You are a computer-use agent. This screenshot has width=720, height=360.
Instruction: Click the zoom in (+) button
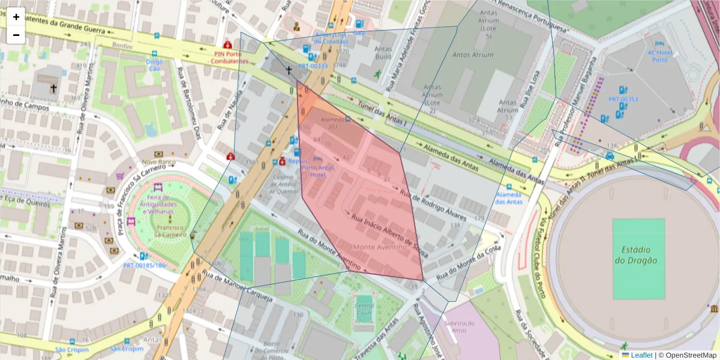pyautogui.click(x=16, y=17)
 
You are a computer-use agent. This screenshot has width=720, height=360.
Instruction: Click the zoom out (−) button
pyautogui.click(x=16, y=35)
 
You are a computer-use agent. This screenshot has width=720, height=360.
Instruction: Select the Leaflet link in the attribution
pyautogui.click(x=641, y=355)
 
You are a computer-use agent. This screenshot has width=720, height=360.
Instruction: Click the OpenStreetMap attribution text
pyautogui.click(x=687, y=355)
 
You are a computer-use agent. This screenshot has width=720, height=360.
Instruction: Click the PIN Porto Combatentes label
pyautogui.click(x=231, y=57)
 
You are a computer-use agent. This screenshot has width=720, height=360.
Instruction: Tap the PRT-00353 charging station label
pyautogui.click(x=623, y=99)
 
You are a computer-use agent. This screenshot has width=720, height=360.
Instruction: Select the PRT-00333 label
pyautogui.click(x=313, y=66)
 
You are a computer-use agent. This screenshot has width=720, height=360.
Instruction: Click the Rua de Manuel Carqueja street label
pyautogui.click(x=237, y=286)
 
